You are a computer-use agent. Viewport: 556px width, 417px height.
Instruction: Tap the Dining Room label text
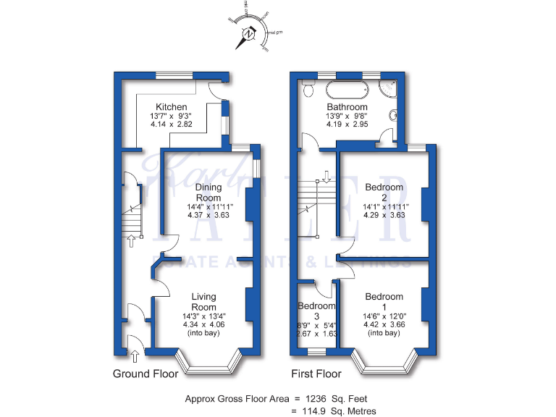click(x=208, y=193)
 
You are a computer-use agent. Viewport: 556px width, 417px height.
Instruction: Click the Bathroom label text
click(x=347, y=107)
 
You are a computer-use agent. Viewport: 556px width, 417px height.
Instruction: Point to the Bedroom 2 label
click(x=384, y=193)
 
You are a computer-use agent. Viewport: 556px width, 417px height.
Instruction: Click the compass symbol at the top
click(x=249, y=33)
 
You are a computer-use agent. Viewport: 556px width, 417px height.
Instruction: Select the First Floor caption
click(x=316, y=374)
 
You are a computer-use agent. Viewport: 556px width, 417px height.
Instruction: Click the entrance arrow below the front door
click(x=135, y=355)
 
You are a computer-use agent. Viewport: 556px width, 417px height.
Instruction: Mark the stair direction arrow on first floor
click(x=327, y=175)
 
